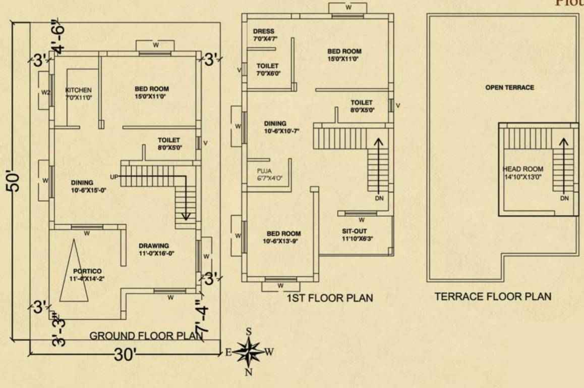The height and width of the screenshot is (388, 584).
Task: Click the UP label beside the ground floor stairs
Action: (114, 176)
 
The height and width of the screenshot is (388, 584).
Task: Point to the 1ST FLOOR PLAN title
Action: (330, 298)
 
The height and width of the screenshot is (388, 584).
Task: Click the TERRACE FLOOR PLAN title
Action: (493, 297)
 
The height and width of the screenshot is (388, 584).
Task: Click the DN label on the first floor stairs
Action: (379, 199)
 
